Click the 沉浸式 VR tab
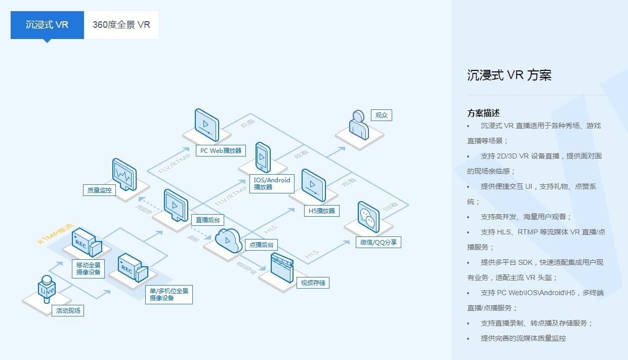pyautogui.click(x=47, y=25)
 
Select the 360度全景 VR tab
pyautogui.click(x=121, y=25)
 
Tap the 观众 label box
pyautogui.click(x=381, y=115)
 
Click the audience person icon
pyautogui.click(x=358, y=124)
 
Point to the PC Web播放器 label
pyautogui.click(x=221, y=150)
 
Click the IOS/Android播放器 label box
pyautogui.click(x=272, y=183)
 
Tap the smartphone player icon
pyautogui.click(x=263, y=158)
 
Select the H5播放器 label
pyautogui.click(x=322, y=211)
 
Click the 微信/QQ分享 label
pyautogui.click(x=379, y=243)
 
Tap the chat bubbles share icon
pyautogui.click(x=368, y=217)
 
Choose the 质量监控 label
pyautogui.click(x=99, y=190)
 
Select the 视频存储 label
pyautogui.click(x=313, y=283)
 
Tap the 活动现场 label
pyautogui.click(x=68, y=310)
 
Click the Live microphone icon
pyautogui.click(x=47, y=290)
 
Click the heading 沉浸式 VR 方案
pyautogui.click(x=509, y=75)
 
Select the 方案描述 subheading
pyautogui.click(x=483, y=113)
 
